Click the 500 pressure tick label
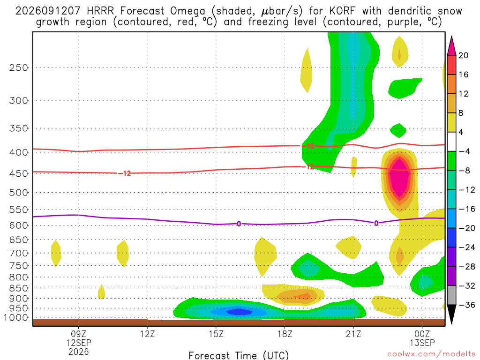pos(19,193)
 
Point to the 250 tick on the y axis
pos(19,67)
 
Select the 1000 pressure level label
pos(16,318)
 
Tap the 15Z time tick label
pos(216,334)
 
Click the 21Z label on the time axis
pos(353,334)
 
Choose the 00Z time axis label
pos(422,334)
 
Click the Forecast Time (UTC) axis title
pos(239,355)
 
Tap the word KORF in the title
pos(343,11)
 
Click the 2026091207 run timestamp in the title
pos(48,11)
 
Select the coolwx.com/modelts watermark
pos(431,354)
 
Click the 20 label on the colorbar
pos(463,55)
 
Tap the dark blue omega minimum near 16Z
pos(239,312)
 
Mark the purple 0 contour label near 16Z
pos(239,224)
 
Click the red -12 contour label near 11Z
pos(125,173)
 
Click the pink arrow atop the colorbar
pos(451,46)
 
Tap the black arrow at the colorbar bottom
pos(451,314)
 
